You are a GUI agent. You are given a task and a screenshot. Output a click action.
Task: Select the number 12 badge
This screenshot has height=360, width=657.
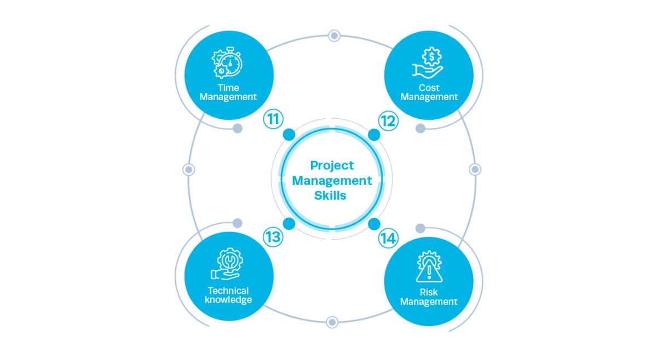388,120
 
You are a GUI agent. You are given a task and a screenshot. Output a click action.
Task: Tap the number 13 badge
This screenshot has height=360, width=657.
272,237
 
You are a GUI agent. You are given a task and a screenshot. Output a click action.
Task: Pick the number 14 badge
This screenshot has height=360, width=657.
388,238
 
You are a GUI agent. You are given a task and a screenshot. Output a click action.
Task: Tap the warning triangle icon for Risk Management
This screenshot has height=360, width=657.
429,267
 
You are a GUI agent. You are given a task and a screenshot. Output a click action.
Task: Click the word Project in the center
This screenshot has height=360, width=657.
332,165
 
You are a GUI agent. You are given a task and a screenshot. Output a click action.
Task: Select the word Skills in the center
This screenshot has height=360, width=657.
330,195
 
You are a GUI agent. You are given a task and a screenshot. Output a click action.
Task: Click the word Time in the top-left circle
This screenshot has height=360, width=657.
228,88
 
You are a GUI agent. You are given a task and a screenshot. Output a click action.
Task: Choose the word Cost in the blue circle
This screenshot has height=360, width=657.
429,88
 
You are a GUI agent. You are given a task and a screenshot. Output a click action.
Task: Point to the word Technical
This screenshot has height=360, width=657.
228,291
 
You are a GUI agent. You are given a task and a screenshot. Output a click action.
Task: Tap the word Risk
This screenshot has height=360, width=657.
429,292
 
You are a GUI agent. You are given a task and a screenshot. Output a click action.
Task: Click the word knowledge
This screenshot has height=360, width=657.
228,300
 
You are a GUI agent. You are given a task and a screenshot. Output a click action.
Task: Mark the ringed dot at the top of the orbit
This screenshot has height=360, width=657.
333,36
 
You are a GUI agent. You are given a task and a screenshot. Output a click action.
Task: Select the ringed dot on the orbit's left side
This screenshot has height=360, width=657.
189,170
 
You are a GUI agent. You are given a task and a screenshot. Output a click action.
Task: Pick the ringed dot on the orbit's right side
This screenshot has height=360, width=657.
475,170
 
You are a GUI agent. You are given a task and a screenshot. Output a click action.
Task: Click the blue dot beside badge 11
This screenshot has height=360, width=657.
289,135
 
